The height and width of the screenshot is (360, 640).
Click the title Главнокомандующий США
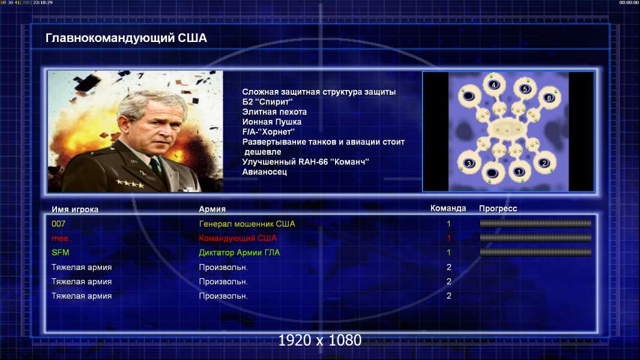click(126, 38)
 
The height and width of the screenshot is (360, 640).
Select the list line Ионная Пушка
click(272, 122)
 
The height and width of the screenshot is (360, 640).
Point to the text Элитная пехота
click(274, 112)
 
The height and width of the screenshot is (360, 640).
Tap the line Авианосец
click(265, 172)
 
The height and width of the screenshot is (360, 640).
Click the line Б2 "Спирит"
click(267, 102)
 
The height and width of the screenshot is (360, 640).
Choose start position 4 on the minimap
click(494, 85)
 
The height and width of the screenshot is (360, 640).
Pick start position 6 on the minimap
click(549, 98)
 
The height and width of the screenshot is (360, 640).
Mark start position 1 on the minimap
click(519, 172)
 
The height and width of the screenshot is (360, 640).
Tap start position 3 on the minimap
click(469, 163)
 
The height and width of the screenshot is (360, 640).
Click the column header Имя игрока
click(74, 209)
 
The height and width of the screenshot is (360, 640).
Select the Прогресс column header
click(498, 208)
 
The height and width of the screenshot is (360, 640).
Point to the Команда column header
click(448, 208)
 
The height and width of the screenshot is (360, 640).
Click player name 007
click(58, 224)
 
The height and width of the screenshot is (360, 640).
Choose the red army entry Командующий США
click(238, 238)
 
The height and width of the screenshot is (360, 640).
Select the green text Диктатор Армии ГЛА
click(239, 253)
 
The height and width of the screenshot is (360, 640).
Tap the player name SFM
click(61, 253)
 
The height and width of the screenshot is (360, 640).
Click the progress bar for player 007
click(536, 223)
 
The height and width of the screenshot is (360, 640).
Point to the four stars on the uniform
click(130, 184)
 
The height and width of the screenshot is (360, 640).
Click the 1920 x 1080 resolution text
click(320, 340)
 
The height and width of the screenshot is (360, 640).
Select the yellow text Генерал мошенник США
click(247, 224)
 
